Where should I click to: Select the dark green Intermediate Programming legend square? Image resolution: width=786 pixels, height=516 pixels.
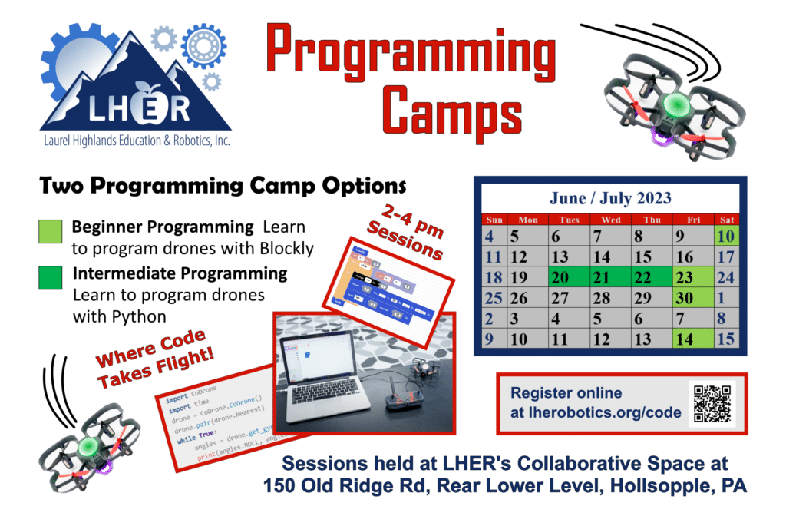click(x=50, y=278)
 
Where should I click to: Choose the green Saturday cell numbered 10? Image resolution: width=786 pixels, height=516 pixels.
click(x=726, y=237)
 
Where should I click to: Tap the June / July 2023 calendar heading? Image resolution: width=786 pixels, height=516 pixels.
click(x=609, y=198)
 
